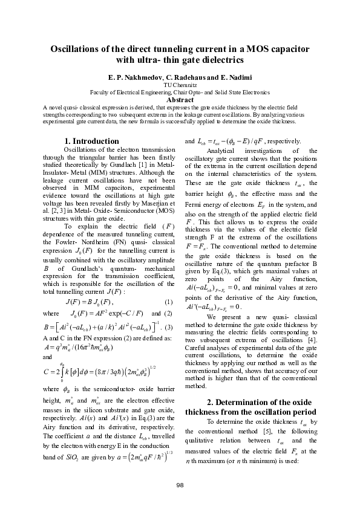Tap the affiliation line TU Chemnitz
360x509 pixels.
pyautogui.click(x=180, y=86)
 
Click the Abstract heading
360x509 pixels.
pyautogui.click(x=180, y=99)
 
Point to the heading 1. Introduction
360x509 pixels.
pyautogui.click(x=91, y=141)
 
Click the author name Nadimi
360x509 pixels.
pyautogui.click(x=251, y=79)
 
